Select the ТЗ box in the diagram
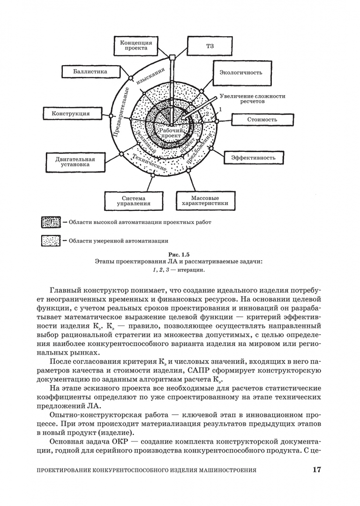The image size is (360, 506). [210, 47]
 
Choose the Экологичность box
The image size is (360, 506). [240, 73]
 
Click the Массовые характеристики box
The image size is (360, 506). [205, 201]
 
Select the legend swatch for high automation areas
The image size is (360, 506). [51, 223]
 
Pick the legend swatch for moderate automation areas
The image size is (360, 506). [51, 241]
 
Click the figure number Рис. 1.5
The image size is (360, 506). [180, 254]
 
